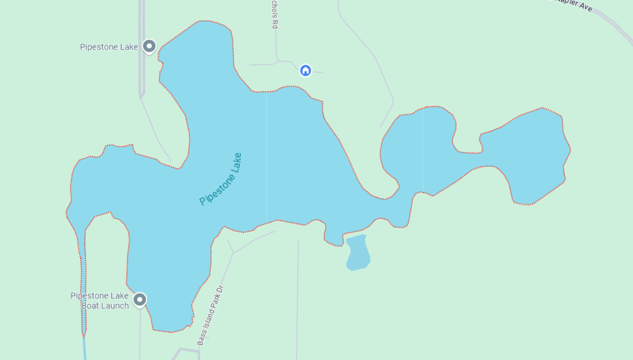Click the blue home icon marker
pos(305,70)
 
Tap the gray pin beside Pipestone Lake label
pos(149,46)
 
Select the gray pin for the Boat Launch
pos(140,299)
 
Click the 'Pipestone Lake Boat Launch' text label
pos(100,300)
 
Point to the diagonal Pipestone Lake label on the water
pos(220,179)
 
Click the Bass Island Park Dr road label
pos(210,315)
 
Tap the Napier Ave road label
pos(575,5)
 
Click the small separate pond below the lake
pos(358,253)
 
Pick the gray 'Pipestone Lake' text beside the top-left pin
pos(109,47)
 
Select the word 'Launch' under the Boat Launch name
pos(116,306)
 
